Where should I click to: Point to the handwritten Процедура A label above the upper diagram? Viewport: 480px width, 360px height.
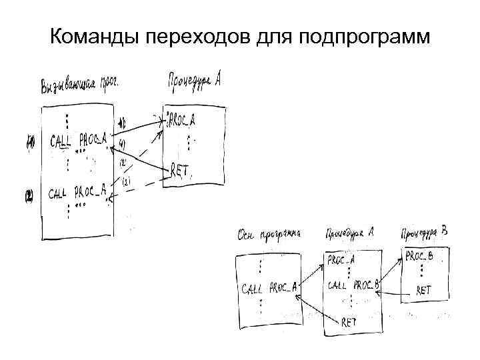tap(193, 81)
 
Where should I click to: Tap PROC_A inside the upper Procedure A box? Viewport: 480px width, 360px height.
tap(182, 120)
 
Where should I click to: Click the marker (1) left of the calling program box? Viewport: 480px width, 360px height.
tap(30, 142)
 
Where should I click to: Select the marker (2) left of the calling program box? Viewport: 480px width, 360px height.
tap(29, 197)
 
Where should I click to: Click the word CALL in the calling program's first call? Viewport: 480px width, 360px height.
tap(62, 141)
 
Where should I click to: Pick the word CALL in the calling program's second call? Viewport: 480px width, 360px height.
tap(60, 195)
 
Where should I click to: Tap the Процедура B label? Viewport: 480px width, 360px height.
tap(424, 233)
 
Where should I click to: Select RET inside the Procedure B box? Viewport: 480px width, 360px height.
tap(424, 290)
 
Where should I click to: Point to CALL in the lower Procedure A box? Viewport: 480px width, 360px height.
tap(337, 285)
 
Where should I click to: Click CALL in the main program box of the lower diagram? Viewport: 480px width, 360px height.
tap(253, 289)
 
